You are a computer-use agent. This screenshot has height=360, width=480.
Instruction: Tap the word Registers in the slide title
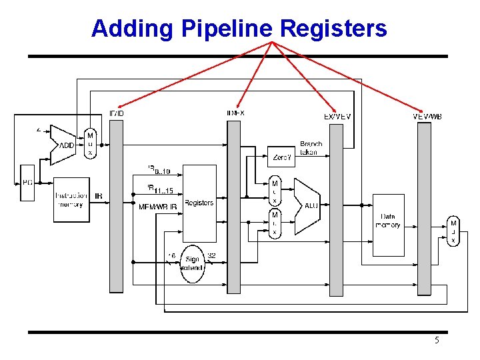333,29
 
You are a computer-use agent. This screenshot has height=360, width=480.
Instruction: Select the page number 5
437,341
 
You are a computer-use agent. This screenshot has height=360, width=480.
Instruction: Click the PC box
27,182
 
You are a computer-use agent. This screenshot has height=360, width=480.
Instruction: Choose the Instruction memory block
71,199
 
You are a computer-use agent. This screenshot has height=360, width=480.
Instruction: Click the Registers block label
199,203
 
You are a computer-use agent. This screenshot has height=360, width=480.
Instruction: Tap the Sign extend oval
193,263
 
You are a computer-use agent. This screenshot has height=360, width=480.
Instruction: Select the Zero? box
281,157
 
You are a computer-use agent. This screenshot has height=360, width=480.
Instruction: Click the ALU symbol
308,205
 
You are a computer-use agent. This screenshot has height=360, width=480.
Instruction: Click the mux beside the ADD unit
90,144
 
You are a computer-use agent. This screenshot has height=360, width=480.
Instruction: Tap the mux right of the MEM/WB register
453,231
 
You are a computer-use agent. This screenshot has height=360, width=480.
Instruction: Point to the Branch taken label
311,148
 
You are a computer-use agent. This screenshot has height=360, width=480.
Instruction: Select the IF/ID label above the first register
116,113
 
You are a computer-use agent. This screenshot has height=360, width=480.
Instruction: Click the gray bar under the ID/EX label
233,207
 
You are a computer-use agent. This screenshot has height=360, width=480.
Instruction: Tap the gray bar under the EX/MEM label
337,210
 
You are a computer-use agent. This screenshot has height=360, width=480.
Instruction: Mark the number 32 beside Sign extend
212,255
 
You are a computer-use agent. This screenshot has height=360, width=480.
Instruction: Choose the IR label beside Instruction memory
99,196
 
